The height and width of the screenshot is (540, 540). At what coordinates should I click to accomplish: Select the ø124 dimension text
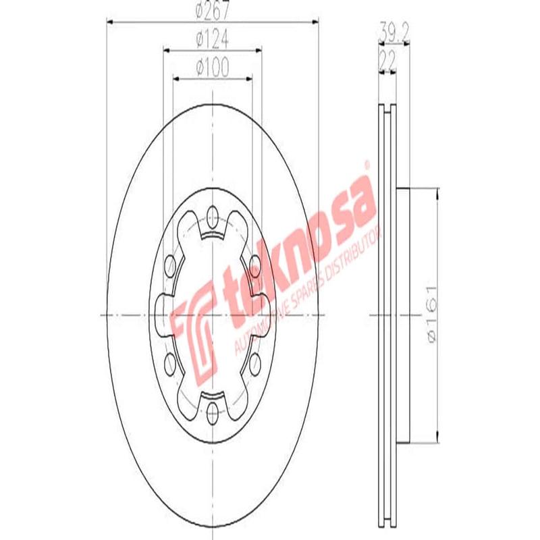click(x=212, y=40)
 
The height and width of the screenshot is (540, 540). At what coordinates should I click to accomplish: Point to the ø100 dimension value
click(x=212, y=67)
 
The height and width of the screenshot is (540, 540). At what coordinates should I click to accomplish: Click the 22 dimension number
click(x=387, y=59)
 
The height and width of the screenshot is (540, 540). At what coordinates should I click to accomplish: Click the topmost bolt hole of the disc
click(x=212, y=217)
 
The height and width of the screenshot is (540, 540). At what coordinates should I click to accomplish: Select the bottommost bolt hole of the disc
click(x=212, y=412)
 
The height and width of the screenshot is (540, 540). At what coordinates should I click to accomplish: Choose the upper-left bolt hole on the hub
click(x=169, y=263)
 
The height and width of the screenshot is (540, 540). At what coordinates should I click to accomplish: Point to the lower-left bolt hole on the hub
click(x=169, y=365)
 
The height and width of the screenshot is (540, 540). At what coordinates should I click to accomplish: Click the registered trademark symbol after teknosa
click(x=367, y=164)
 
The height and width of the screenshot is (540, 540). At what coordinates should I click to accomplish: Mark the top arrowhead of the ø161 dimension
click(x=438, y=193)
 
